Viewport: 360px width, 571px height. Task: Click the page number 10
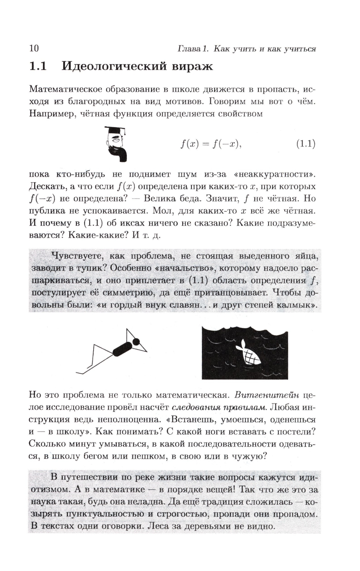[34, 48]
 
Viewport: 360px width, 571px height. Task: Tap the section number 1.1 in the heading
[38, 66]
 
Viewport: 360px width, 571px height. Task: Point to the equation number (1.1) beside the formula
[306, 144]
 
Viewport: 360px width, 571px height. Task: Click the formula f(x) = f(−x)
[211, 144]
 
